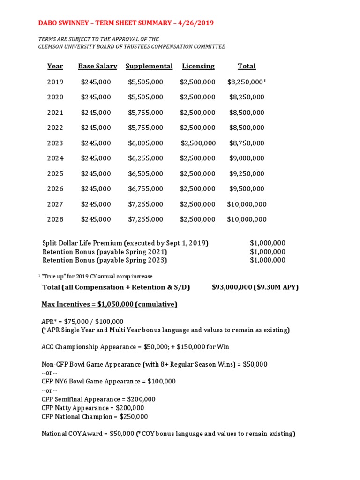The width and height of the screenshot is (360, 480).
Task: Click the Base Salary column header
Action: point(97,66)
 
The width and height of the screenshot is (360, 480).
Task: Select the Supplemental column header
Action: point(149,66)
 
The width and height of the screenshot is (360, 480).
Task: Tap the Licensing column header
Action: point(198,66)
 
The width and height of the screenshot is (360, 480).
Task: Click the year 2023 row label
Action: point(55,143)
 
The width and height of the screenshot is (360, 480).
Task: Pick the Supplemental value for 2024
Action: point(145,158)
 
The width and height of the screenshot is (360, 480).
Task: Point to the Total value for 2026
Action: point(247,189)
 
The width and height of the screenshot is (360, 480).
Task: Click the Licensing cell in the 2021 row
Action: point(197,112)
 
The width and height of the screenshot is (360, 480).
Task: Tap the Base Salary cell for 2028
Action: point(96,219)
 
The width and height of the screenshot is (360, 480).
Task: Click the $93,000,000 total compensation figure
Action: point(232,287)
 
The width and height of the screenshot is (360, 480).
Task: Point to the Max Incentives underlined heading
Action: point(109,304)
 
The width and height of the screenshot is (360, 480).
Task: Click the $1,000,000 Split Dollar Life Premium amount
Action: point(267,243)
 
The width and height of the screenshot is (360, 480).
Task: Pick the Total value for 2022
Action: point(247,128)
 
